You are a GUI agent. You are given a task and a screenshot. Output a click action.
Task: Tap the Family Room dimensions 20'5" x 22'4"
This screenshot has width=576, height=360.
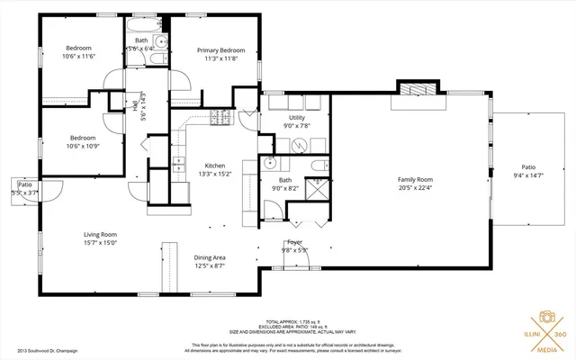pyautogui.click(x=416, y=188)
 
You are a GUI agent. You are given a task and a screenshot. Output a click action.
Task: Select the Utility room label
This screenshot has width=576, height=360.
pyautogui.click(x=297, y=118)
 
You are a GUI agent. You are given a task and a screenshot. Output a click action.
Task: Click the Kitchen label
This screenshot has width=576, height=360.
pyautogui.click(x=214, y=166)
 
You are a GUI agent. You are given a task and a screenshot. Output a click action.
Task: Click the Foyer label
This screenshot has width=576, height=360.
pyautogui.click(x=294, y=242)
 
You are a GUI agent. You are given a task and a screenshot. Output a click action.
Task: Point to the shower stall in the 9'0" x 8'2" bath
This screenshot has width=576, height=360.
pyautogui.click(x=317, y=189)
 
